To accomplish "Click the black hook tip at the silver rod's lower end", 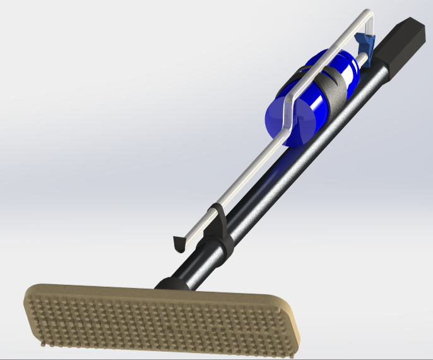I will [x=179, y=242].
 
